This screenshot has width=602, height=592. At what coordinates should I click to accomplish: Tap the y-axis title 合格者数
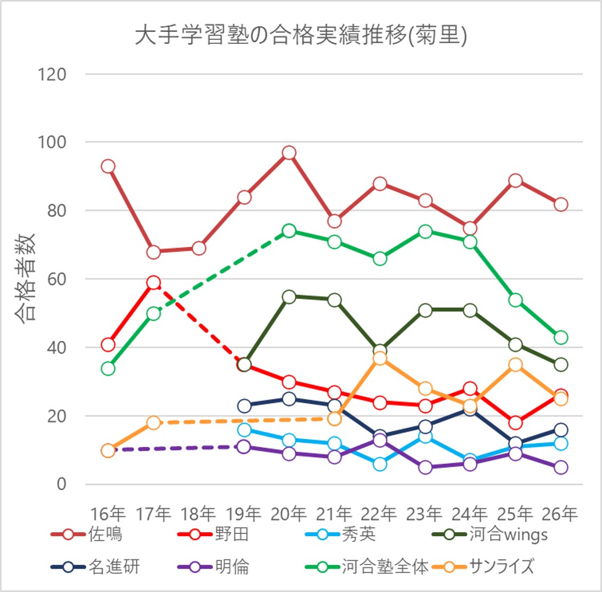coord(25,279)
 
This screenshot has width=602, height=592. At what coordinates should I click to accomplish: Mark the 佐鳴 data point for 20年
coord(289,153)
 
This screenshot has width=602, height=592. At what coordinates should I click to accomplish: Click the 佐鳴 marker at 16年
coord(108,167)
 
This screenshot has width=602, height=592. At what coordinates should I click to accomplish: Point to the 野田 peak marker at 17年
coord(153,283)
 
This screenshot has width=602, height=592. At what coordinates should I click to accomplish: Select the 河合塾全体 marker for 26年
coord(561,338)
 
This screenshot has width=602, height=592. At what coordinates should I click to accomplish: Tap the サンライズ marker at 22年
coord(380,358)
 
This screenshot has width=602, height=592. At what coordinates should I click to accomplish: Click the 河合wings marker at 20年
coord(289,297)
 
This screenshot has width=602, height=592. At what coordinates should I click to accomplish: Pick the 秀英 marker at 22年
coord(380,464)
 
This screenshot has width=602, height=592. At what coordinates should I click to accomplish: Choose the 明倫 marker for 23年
coord(425,468)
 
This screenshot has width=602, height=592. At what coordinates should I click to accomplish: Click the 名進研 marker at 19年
coord(244,406)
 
